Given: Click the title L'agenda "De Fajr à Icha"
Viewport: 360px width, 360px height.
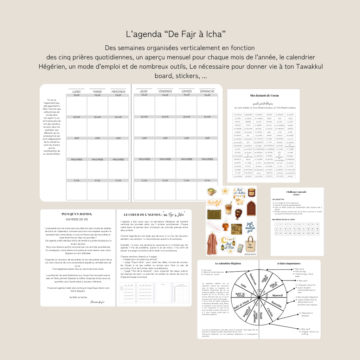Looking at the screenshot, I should (x=175, y=34).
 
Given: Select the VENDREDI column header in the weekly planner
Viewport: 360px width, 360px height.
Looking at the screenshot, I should (x=165, y=91).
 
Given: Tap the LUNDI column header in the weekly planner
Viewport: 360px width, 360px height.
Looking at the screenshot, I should (x=76, y=91).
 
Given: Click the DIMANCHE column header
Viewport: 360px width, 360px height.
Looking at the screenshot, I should (x=207, y=91).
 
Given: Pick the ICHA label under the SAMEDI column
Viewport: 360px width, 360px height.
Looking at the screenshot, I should (x=186, y=180).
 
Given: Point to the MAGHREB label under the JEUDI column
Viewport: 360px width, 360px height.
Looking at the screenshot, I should (x=144, y=159).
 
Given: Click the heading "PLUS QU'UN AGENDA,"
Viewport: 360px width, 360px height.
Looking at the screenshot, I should (x=77, y=214).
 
